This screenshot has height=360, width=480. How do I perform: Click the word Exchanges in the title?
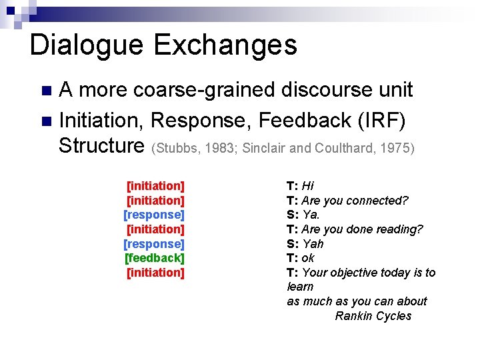225,45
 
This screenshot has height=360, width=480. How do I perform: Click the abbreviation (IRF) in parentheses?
387,120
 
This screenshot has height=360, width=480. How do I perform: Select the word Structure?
101,145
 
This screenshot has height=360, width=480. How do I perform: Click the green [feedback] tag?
154,258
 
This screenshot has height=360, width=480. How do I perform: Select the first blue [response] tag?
154,215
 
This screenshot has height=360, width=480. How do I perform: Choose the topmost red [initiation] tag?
155,185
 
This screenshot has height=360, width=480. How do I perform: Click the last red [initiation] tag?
155,273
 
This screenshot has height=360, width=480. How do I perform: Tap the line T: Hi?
300,186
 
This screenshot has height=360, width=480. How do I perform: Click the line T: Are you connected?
347,201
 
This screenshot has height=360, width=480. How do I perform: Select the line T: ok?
301,258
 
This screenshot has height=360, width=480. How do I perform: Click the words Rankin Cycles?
373,316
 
